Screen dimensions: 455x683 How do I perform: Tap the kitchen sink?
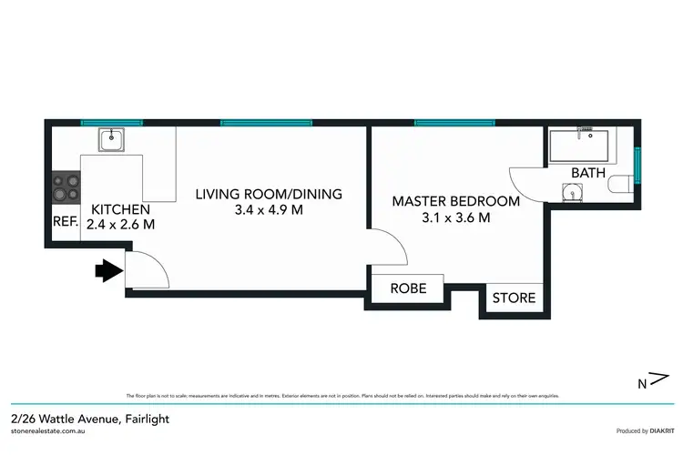tap(112, 139)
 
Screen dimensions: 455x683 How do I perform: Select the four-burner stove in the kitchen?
tap(66, 188)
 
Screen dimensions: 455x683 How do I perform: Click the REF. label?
tap(65, 221)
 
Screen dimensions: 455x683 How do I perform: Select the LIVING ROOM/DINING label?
tap(270, 194)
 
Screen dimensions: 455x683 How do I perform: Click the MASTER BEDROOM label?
tap(455, 201)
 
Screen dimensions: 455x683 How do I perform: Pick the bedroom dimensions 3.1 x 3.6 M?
tap(454, 217)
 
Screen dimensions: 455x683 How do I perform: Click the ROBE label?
tap(408, 289)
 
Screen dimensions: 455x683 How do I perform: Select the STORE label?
tap(515, 298)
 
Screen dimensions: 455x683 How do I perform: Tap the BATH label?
tap(587, 172)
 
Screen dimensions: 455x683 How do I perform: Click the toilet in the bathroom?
tap(623, 186)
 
